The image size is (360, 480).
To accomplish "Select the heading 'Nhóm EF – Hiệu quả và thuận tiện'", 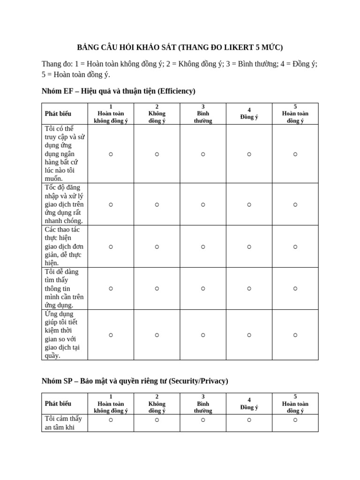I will pos(118,91).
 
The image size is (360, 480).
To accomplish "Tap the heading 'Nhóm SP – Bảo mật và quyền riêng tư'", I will pos(135,381).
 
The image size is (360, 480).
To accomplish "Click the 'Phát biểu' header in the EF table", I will pos(58,113).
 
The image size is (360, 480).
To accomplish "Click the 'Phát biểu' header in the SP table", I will pos(58,404).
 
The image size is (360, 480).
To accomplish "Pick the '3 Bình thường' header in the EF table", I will pos(203,113).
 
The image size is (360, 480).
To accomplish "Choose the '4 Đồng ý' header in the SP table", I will pos(249,404).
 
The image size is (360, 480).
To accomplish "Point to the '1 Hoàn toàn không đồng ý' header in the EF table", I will pos(111,113).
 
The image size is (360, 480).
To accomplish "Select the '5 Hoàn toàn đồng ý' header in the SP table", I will pos(295,404).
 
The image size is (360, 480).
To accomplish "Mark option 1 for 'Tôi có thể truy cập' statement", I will pos(111,154).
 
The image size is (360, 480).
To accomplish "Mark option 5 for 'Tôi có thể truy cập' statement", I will pos(295,154).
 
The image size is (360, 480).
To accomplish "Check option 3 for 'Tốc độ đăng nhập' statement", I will pos(203,204).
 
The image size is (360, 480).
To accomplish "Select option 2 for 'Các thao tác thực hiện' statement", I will pos(157,247).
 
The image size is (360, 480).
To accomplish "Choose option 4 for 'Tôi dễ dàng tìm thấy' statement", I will pos(249,289).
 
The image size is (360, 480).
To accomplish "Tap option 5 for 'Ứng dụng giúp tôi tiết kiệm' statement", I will pos(295,335).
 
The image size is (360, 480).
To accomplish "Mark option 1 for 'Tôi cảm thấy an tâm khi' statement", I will pos(111,420).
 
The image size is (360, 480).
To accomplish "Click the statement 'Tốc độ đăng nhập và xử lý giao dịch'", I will pos(64,204).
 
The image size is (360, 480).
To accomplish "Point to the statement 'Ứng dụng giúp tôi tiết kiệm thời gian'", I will pos(61,335).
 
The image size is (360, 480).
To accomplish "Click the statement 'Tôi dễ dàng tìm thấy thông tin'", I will pos(64,289).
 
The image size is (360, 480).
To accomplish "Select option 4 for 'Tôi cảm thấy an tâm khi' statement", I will pos(249,420).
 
